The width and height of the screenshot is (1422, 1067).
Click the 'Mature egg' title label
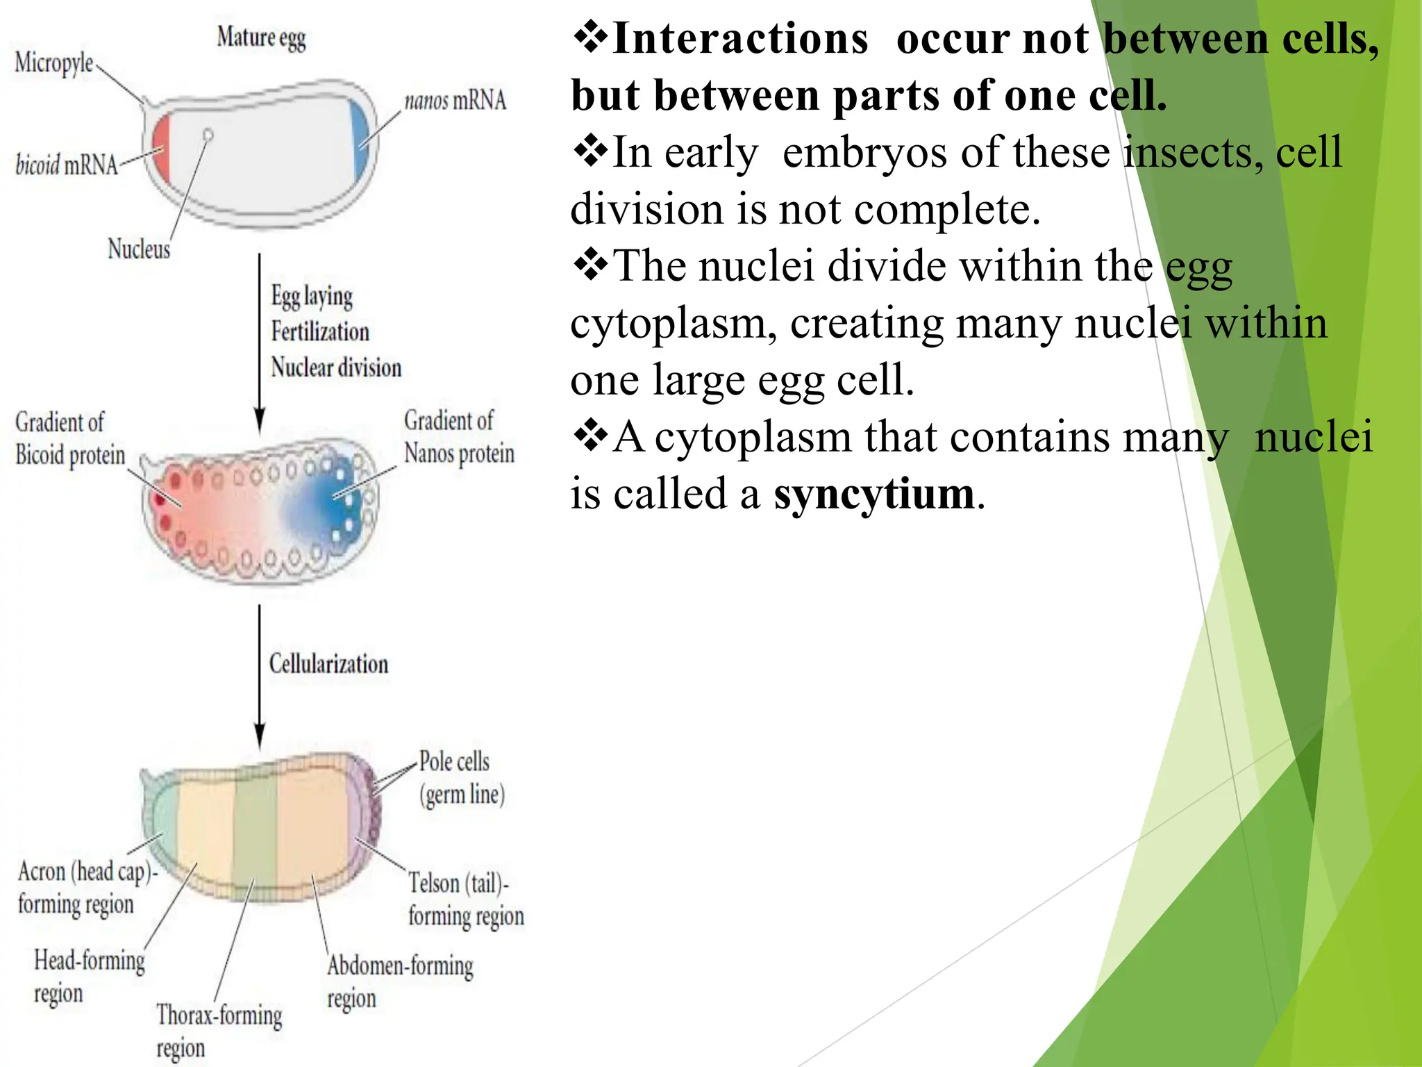261,38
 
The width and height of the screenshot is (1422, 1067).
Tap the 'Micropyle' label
54,63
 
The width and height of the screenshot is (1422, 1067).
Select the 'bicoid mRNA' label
67,165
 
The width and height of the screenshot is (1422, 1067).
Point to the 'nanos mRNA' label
455,101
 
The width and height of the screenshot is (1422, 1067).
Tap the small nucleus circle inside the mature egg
208,135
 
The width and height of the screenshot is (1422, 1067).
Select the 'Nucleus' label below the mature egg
139,248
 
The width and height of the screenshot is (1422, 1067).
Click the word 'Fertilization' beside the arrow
320,331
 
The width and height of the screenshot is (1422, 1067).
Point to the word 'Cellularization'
328,663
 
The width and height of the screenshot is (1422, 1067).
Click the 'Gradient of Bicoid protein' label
69,438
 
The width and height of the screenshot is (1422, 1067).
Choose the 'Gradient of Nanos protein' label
459,437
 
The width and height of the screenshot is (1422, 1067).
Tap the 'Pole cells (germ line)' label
462,778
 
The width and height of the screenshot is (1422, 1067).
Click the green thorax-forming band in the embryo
256,827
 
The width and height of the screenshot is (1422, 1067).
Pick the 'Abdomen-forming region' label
400,981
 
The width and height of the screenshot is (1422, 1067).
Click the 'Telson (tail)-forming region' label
465,900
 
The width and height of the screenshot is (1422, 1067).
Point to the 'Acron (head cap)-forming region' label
87,888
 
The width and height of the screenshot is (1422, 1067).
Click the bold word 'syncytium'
874,493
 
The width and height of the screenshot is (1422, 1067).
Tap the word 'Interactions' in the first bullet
740,38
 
